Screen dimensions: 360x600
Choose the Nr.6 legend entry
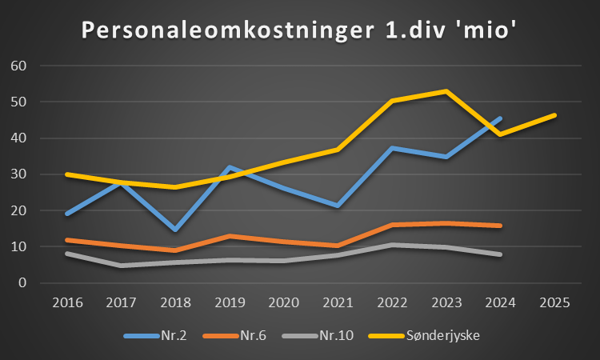(x=254, y=334)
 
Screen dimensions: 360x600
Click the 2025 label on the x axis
(x=554, y=303)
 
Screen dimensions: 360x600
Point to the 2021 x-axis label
(x=337, y=303)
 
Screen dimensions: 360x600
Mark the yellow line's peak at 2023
(x=446, y=91)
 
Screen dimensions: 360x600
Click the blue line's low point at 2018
(x=175, y=230)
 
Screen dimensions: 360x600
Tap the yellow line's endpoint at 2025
(x=554, y=115)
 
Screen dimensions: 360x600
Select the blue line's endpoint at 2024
(x=501, y=118)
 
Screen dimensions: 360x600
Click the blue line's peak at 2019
(x=230, y=167)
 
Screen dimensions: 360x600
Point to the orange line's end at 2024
(x=501, y=226)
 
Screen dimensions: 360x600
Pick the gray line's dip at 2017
(x=121, y=266)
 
